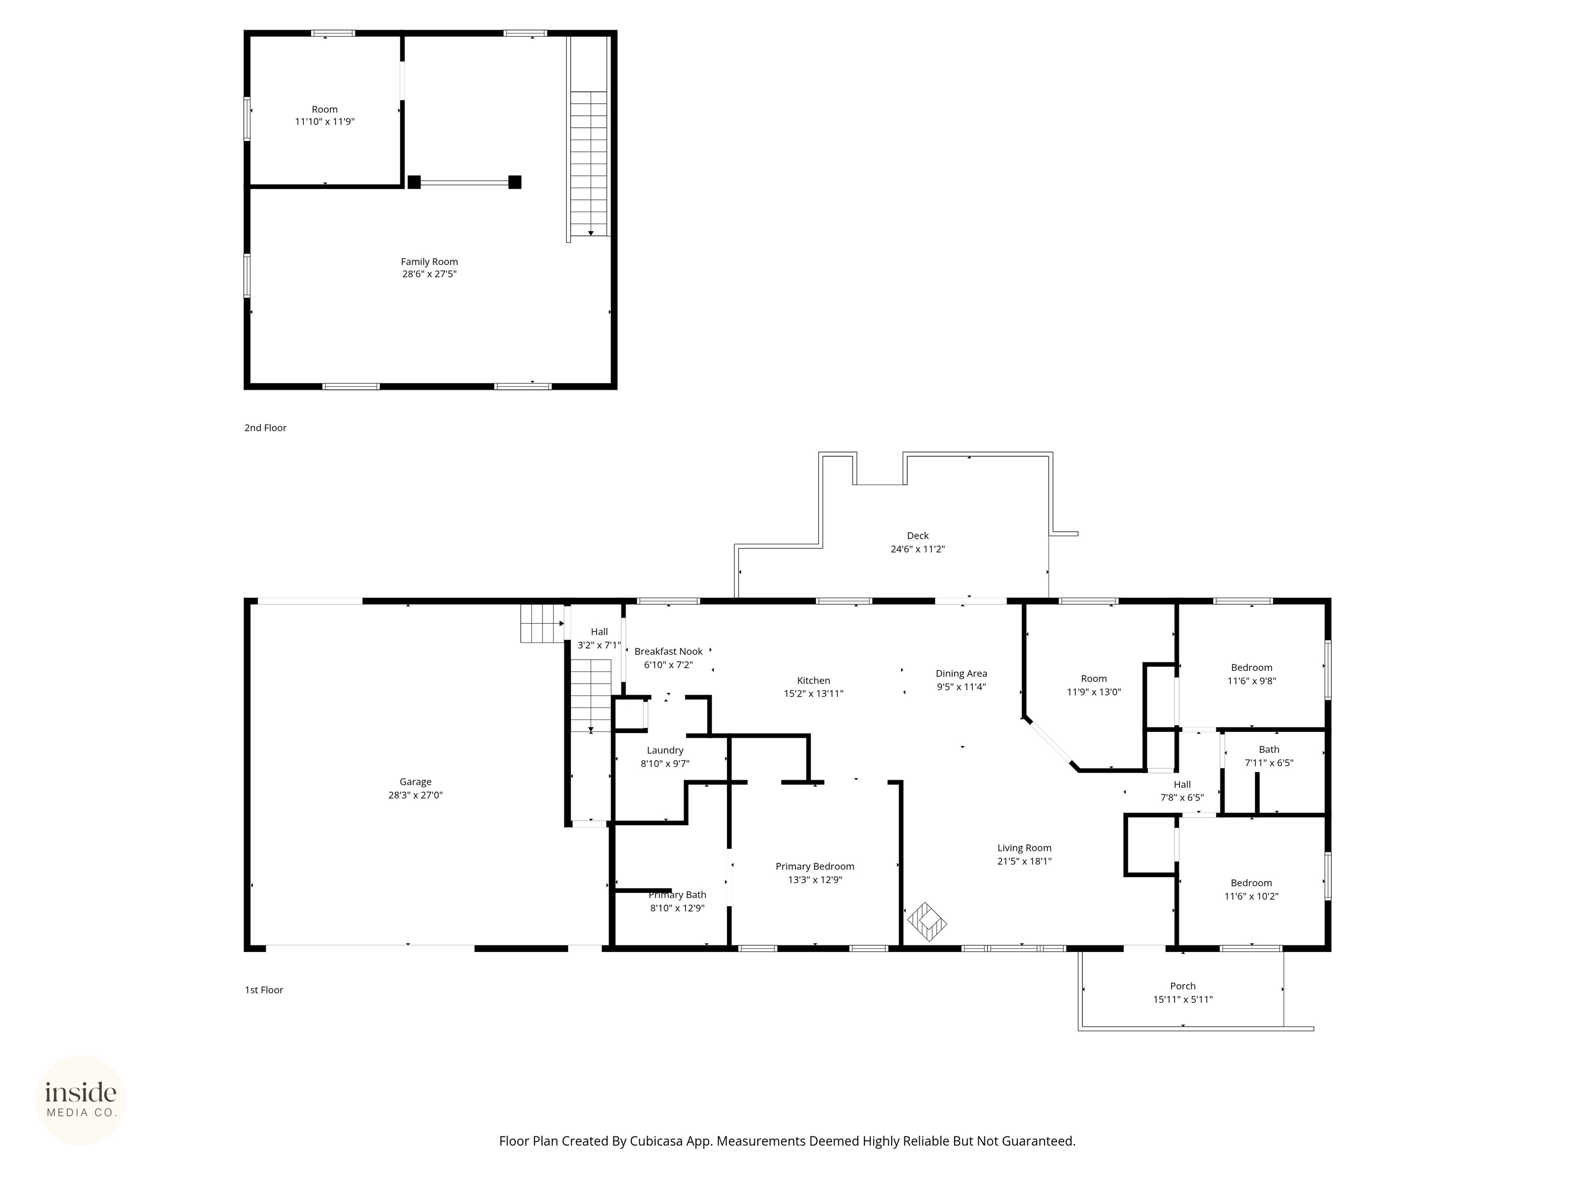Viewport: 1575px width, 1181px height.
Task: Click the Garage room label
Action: tap(415, 782)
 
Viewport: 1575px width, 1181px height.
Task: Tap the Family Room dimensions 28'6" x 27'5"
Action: tap(429, 274)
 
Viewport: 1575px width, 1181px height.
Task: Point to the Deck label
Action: tap(917, 535)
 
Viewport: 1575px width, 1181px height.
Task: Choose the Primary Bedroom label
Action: tap(815, 866)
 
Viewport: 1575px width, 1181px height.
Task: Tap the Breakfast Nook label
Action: tap(668, 651)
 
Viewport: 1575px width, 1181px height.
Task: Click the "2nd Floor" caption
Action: tap(265, 428)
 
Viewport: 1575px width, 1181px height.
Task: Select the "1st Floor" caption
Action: tap(264, 990)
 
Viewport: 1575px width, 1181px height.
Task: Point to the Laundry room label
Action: tap(664, 750)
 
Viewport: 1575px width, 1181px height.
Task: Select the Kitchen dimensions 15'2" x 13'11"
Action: tap(813, 694)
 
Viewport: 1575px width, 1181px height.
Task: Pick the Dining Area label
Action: tap(960, 674)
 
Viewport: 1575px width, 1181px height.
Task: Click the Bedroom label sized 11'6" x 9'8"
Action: tap(1251, 668)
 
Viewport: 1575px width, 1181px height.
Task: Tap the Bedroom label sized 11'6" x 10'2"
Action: tap(1250, 883)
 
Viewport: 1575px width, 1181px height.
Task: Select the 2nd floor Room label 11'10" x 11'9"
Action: tap(324, 110)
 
